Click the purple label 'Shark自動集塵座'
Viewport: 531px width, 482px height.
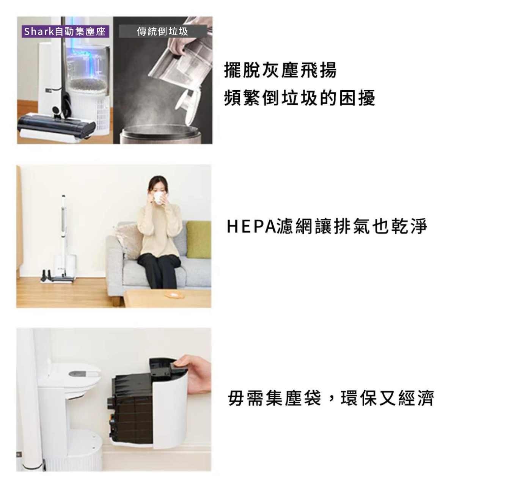tap(65, 31)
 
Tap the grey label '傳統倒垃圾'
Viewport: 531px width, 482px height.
tap(163, 31)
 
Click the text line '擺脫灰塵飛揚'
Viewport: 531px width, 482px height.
tap(280, 70)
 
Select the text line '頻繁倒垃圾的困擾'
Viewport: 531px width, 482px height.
tap(299, 98)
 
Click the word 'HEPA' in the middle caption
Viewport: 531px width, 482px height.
tap(252, 226)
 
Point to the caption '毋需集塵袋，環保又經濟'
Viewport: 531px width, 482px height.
tap(331, 398)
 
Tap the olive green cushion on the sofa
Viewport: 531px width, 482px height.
tap(198, 240)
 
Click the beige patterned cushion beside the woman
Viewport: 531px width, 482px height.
tap(129, 240)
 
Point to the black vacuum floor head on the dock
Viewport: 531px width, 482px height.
tap(56, 126)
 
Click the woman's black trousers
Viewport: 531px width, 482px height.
tap(159, 270)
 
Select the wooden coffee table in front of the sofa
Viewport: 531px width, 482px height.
tap(167, 298)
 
